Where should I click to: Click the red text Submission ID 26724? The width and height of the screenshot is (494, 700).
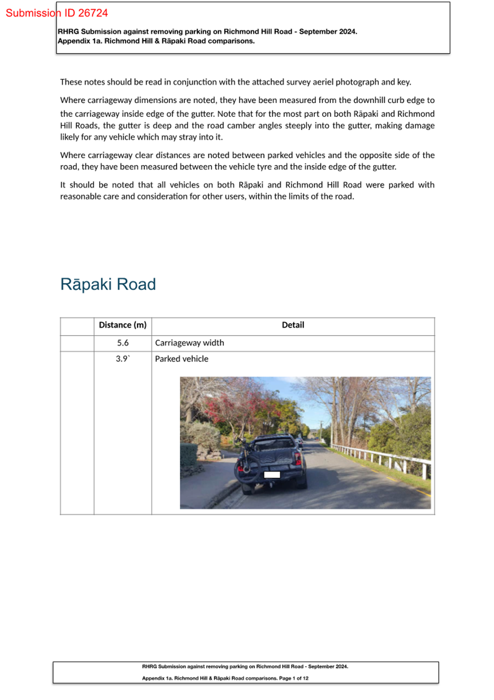(x=57, y=13)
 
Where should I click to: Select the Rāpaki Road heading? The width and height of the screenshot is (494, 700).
(x=108, y=284)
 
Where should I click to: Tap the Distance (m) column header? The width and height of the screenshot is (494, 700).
(x=123, y=325)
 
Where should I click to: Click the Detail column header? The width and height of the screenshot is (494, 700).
(x=293, y=325)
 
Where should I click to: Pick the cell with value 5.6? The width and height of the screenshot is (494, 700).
(x=123, y=343)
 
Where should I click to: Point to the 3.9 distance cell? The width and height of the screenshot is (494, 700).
(x=123, y=359)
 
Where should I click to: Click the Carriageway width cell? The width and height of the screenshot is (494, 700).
(x=189, y=343)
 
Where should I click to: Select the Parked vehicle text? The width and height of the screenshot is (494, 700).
(x=182, y=359)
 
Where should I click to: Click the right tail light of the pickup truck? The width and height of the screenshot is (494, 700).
(x=298, y=458)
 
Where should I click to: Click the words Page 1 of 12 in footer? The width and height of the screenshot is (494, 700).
(x=293, y=679)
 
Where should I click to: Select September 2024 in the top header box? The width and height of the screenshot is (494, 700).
(x=328, y=32)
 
